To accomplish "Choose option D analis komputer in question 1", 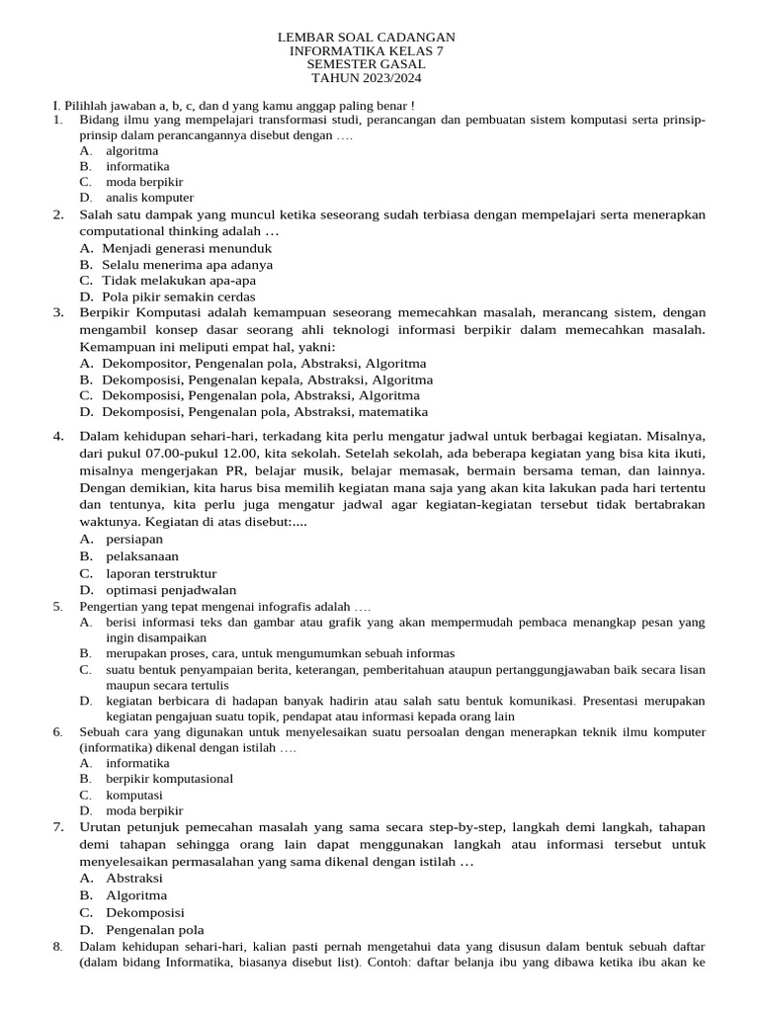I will pyautogui.click(x=149, y=198).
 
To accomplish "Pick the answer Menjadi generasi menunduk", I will pyautogui.click(x=186, y=248).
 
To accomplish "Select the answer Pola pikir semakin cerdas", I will pyautogui.click(x=178, y=296).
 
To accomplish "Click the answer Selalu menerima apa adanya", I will pyautogui.click(x=187, y=265).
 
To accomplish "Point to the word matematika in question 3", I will pyautogui.click(x=393, y=411).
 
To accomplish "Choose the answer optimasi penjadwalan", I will pyautogui.click(x=171, y=590).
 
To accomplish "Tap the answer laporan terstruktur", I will pyautogui.click(x=161, y=573).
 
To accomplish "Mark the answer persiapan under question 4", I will pyautogui.click(x=134, y=539).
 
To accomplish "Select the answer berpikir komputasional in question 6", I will pyautogui.click(x=169, y=779).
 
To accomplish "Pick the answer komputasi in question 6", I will pyautogui.click(x=134, y=795).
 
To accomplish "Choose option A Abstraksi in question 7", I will pyautogui.click(x=134, y=878).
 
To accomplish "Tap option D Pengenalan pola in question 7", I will pyautogui.click(x=154, y=930).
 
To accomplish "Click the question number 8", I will pyautogui.click(x=58, y=947).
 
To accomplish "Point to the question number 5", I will pyautogui.click(x=58, y=606).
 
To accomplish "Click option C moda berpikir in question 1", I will pyautogui.click(x=144, y=182).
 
